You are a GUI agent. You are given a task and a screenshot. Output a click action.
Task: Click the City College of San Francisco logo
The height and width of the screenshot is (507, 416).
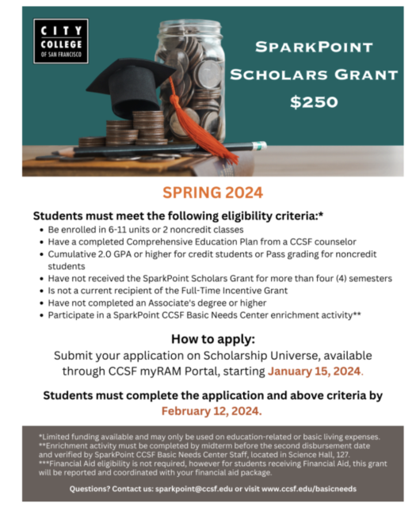[61, 40]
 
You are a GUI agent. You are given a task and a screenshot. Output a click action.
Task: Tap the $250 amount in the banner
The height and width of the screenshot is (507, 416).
[314, 101]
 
